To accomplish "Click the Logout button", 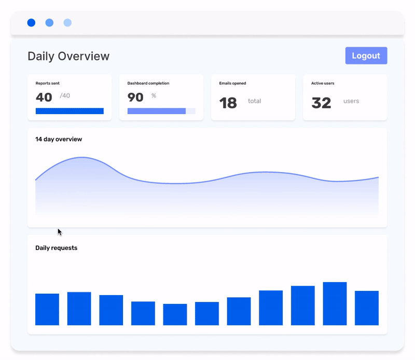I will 366,56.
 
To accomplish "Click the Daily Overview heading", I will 68,56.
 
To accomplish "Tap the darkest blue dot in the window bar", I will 31,23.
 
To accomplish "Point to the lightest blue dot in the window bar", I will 67,23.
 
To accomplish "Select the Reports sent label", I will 47,83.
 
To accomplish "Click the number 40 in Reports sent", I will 44,97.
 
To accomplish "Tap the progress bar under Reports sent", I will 70,111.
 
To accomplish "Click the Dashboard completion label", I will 148,83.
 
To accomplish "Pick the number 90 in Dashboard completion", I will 135,97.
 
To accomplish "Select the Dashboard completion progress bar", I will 161,111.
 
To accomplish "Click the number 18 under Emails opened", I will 228,103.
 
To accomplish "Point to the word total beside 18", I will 254,101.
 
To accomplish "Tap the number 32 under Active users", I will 321,103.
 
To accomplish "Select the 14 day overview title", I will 59,139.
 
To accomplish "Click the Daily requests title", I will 56,248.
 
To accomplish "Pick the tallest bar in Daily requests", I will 335,303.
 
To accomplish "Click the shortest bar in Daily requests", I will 175,314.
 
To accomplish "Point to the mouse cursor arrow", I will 59,231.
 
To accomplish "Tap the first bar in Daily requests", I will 47,309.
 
